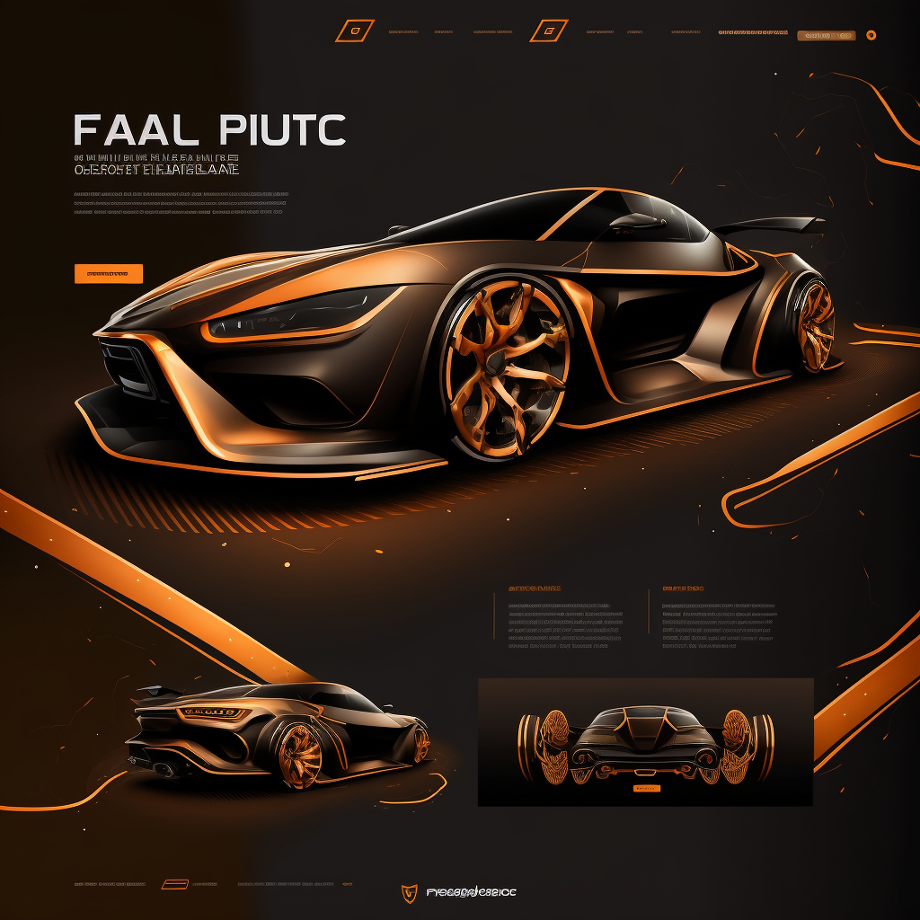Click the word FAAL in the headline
click(136, 130)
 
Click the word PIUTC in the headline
click(281, 130)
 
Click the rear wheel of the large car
click(815, 324)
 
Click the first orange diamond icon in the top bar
click(354, 31)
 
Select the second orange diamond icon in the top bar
click(548, 31)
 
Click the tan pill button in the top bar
click(827, 35)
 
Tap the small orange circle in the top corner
click(871, 35)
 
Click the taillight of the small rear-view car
click(214, 713)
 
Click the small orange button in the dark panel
click(647, 788)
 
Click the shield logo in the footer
click(409, 892)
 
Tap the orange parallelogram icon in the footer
click(174, 884)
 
